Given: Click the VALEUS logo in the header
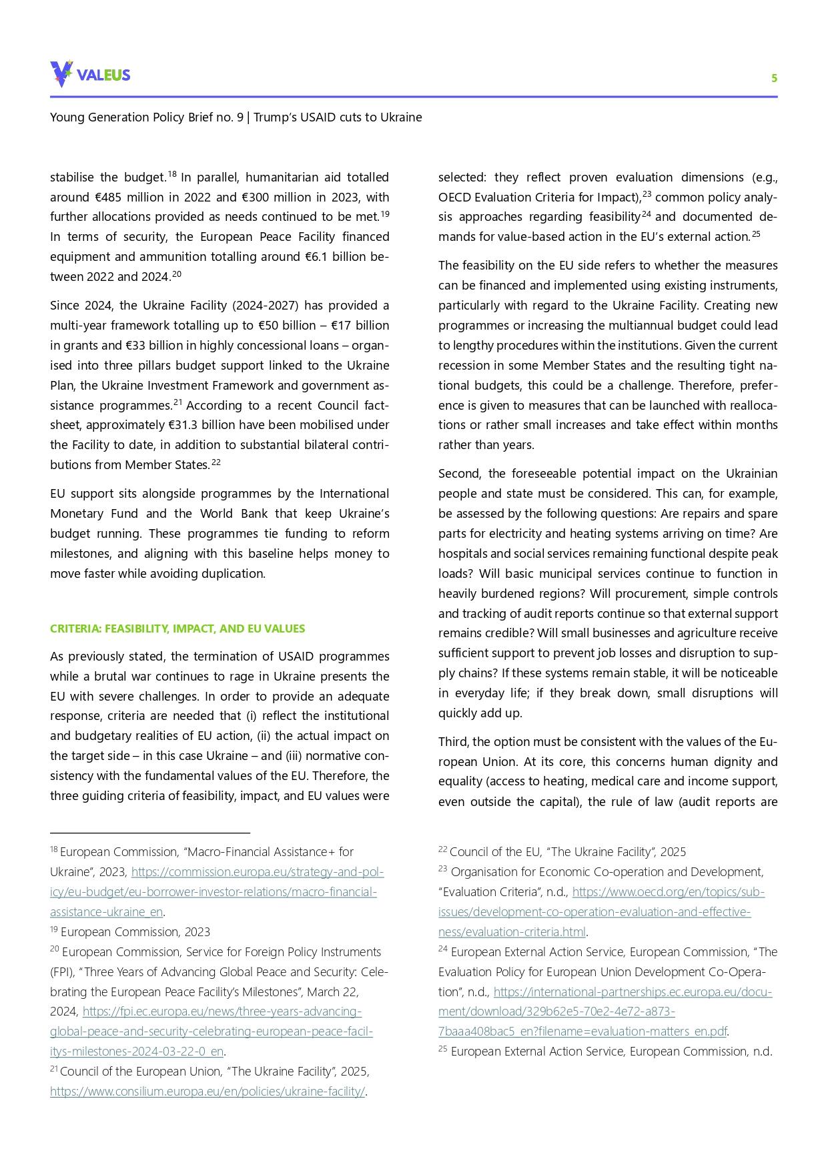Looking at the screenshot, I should pos(90,74).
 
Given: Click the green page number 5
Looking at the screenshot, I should pos(774,78).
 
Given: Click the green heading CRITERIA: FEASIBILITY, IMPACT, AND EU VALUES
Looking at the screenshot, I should pos(177,629).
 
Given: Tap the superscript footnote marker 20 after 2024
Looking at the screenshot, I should pos(177,274).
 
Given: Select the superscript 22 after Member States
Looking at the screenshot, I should pos(216,462).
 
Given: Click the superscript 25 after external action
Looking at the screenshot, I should pos(756,234).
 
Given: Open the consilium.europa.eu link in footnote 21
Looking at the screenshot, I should pos(208,1092).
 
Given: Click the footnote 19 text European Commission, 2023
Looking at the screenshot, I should pos(135,932).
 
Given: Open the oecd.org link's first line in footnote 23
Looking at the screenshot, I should pos(668,892).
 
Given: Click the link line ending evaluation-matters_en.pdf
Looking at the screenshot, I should pos(582,1032).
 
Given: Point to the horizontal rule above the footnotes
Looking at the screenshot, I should pos(150,833).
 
